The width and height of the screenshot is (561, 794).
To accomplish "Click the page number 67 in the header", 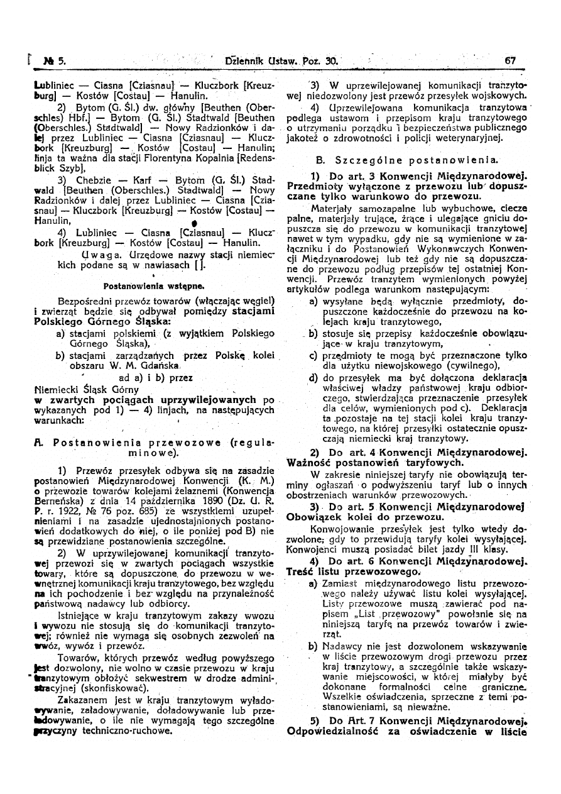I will point(509,61).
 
